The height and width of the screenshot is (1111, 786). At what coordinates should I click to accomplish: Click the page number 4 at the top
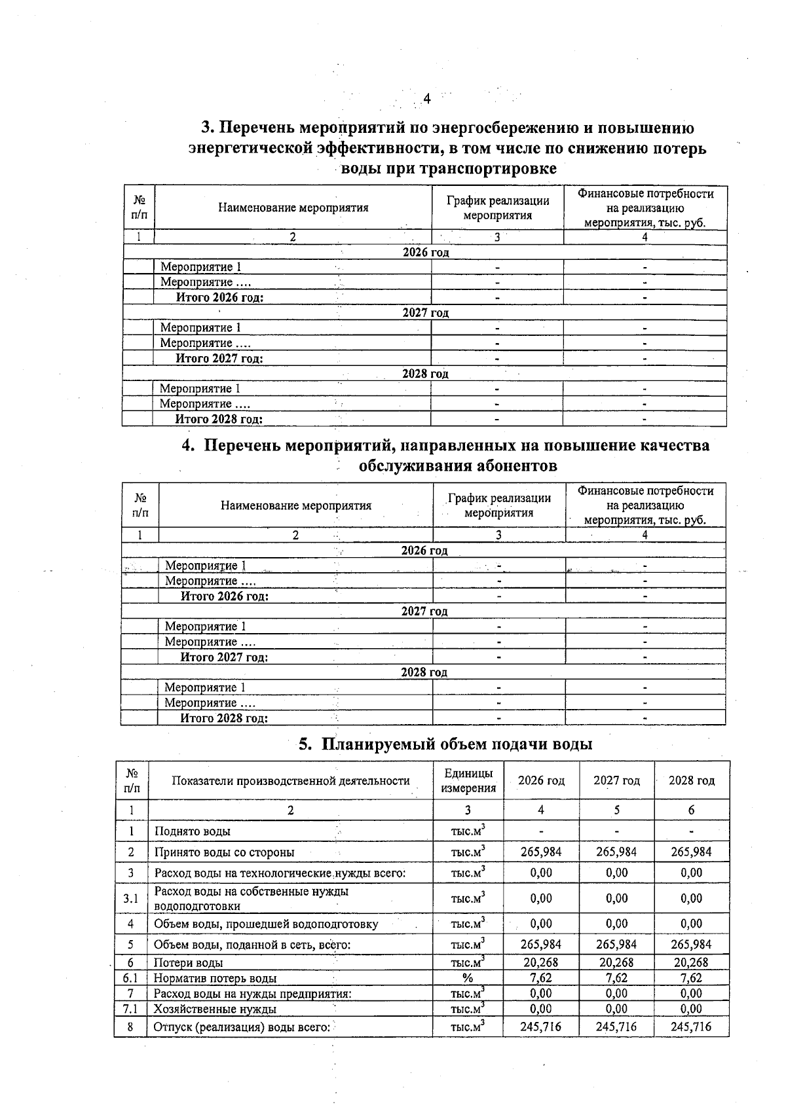coord(426,99)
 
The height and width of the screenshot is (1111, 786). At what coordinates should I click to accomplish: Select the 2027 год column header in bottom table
coord(616,780)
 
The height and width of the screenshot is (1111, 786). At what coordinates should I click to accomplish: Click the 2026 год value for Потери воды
coord(541,962)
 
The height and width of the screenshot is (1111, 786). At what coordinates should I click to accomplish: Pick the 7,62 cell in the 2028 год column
coord(691,978)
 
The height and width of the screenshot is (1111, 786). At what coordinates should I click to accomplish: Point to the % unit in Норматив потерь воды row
coord(467,978)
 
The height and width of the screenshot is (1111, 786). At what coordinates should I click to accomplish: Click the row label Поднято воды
coord(193,831)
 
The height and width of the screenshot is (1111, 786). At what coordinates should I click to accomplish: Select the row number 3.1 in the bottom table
coord(130,898)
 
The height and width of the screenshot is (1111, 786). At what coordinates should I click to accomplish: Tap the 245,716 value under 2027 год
coord(616,1027)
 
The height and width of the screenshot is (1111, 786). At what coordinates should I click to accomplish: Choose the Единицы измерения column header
coord(468,780)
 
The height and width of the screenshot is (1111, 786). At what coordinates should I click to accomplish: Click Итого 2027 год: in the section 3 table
coord(219,358)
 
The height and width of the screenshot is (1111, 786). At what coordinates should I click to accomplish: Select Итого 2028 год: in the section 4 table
coord(224,718)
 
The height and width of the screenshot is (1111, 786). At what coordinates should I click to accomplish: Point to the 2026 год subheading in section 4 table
coord(424,551)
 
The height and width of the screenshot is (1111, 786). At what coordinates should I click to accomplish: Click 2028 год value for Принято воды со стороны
coord(691,852)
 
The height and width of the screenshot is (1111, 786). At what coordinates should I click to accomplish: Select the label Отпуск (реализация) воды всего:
coord(242,1027)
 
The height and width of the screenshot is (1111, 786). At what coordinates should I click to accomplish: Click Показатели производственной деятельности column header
coord(290,780)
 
